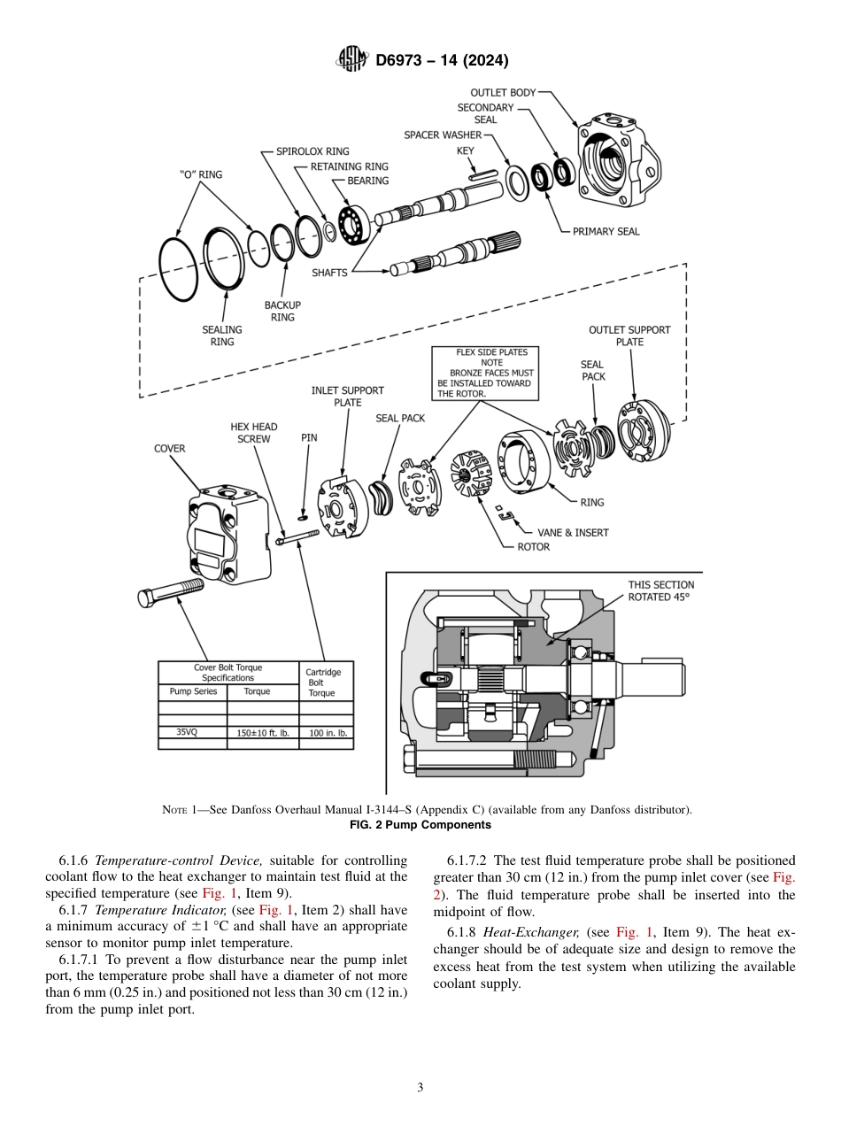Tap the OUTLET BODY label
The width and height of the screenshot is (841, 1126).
(502, 92)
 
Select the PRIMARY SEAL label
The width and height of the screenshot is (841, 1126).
(606, 232)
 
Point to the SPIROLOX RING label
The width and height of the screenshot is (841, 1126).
(312, 151)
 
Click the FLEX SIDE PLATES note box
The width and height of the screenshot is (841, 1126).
(483, 373)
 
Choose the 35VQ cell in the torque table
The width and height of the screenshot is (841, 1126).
(187, 733)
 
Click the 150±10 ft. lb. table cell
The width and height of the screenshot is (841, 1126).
(263, 733)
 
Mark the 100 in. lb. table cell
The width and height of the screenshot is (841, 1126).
(327, 733)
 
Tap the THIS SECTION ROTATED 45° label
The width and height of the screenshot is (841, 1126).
(660, 590)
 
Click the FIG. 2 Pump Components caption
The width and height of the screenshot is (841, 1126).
(420, 825)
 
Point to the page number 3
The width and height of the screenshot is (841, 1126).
(420, 1087)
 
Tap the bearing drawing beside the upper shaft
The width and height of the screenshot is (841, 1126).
(353, 223)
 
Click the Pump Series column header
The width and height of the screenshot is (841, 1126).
(193, 691)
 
